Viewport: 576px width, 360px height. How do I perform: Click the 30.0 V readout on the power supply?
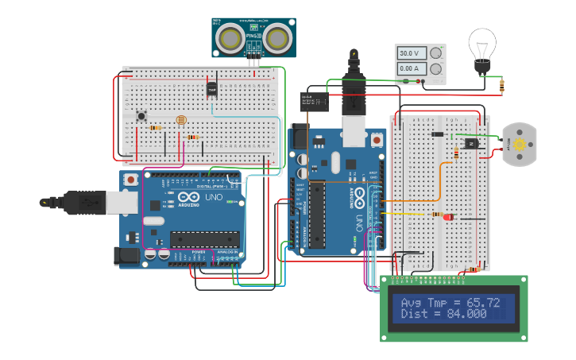(408, 53)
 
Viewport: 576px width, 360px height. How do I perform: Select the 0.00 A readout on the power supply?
(408, 69)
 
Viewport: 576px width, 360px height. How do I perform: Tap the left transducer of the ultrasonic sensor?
(231, 37)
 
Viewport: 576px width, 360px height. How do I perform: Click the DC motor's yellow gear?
(520, 145)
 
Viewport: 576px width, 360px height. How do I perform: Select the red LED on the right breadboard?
(449, 216)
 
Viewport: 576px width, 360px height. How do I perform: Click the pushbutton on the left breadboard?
(141, 116)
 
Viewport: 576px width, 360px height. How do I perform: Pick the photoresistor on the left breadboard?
(180, 121)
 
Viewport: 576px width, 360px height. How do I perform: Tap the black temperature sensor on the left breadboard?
(212, 89)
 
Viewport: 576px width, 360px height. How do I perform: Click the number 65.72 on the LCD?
(483, 302)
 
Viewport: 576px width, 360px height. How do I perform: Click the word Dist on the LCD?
(414, 314)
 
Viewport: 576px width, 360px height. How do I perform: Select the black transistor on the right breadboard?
(470, 144)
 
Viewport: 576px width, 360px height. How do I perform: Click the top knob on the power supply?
(435, 53)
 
